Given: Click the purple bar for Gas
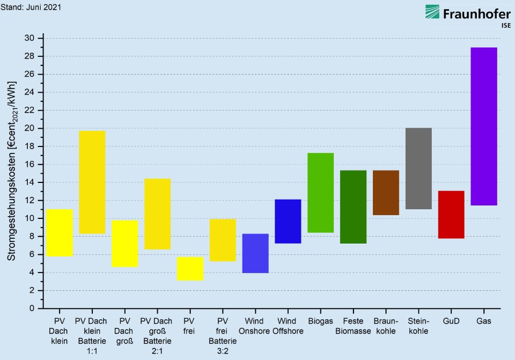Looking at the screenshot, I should pos(484,126).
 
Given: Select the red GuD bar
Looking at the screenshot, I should pos(451,215).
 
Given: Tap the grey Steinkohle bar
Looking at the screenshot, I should pos(418,168).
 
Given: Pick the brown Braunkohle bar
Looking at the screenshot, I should pos(386,193).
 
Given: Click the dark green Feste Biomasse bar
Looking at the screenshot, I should pos(353,207).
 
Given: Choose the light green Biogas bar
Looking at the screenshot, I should pos(320,193).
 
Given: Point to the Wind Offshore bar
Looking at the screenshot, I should pos(288,221).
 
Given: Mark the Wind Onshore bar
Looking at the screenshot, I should pos(255,253).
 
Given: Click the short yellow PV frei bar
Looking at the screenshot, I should pos(190,268).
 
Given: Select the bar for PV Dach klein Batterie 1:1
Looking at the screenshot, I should pos(92,182).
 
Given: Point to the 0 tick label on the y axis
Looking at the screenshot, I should pos(32,308).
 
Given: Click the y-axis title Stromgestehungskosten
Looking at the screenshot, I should pos(12,172).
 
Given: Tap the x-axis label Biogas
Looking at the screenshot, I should pos(320,321).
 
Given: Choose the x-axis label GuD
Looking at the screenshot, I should pos(451,321).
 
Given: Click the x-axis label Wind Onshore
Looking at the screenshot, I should pos(254,326).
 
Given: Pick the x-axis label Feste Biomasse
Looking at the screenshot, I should pos(353,326).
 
